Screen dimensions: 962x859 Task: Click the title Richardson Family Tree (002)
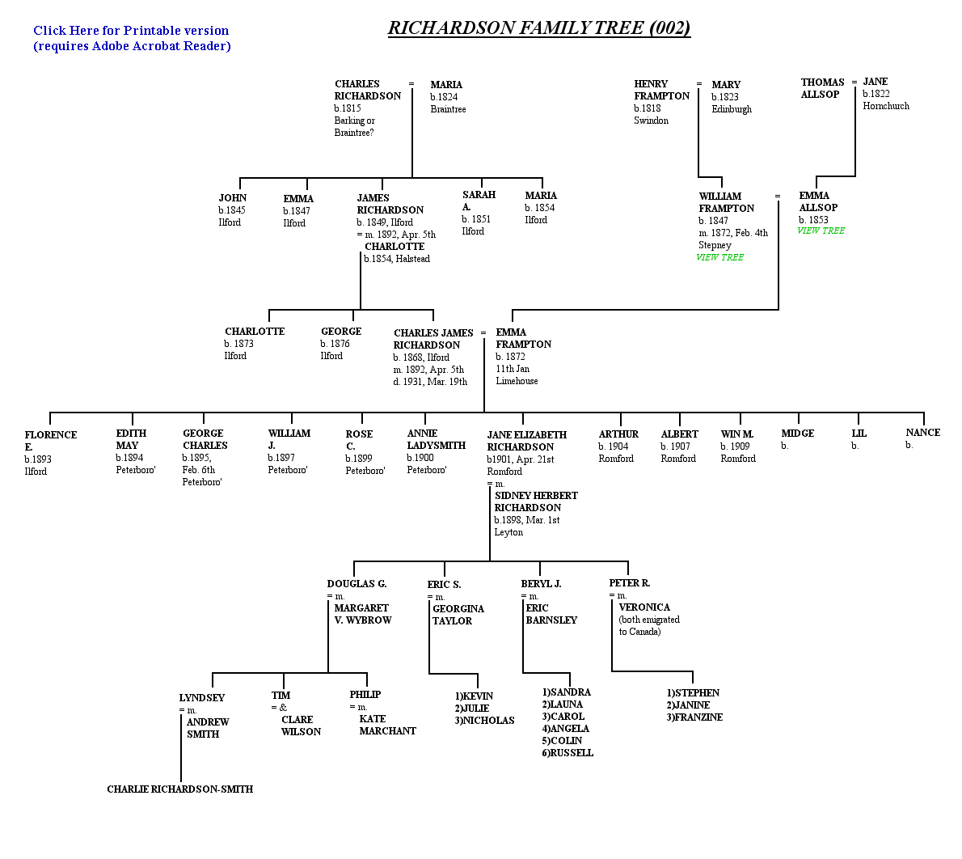point(539,28)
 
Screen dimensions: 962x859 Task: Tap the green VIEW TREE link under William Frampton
point(719,257)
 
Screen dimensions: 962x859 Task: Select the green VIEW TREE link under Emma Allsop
point(821,231)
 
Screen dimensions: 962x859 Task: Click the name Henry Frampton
point(661,90)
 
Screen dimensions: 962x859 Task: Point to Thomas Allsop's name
point(822,88)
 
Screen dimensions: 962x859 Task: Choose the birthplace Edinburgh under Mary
point(732,109)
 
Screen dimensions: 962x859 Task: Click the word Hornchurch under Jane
point(886,106)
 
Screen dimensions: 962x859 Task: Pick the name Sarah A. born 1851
point(479,200)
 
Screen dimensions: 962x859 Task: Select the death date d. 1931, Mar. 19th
point(430,382)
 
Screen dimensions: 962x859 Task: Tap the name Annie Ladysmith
point(437,439)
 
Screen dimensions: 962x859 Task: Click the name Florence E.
point(50,441)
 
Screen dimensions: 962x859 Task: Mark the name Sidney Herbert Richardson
point(536,501)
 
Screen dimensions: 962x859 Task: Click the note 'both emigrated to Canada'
point(649,626)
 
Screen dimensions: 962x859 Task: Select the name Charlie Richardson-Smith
point(179,789)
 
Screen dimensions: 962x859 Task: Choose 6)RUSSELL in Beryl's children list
point(567,753)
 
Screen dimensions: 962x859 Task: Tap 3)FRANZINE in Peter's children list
point(694,717)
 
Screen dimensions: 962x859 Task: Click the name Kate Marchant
point(388,725)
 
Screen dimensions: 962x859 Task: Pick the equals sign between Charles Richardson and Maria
point(411,84)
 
